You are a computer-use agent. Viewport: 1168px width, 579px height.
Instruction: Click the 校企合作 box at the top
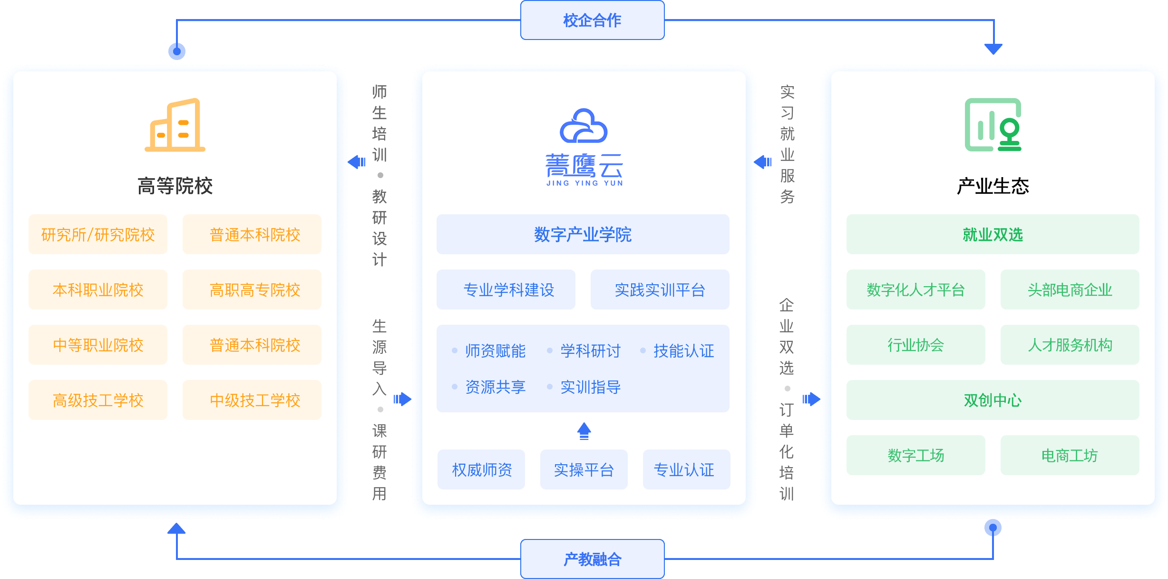592,20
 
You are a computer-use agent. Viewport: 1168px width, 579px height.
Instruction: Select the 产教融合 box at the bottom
592,559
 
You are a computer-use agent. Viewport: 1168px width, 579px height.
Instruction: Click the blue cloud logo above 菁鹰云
584,126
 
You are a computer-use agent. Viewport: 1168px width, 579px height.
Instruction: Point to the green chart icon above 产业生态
993,125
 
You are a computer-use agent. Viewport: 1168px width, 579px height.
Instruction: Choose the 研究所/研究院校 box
98,234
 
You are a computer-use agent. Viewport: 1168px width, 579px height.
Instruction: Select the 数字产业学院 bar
583,234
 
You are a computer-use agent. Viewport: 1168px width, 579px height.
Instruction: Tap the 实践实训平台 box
660,289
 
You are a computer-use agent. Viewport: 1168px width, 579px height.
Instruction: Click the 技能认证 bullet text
683,351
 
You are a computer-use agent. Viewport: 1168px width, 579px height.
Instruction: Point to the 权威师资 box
481,469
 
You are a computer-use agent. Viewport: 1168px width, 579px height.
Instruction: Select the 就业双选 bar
993,234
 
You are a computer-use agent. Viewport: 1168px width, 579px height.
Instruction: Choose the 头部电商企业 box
1070,289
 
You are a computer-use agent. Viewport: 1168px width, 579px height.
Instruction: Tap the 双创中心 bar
993,400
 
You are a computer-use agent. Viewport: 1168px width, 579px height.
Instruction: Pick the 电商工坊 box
1070,455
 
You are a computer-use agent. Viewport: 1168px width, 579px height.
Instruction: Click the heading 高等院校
175,186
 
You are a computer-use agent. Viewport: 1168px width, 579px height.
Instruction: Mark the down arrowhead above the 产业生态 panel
993,49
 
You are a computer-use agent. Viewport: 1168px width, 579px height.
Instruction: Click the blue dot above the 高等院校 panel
177,51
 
